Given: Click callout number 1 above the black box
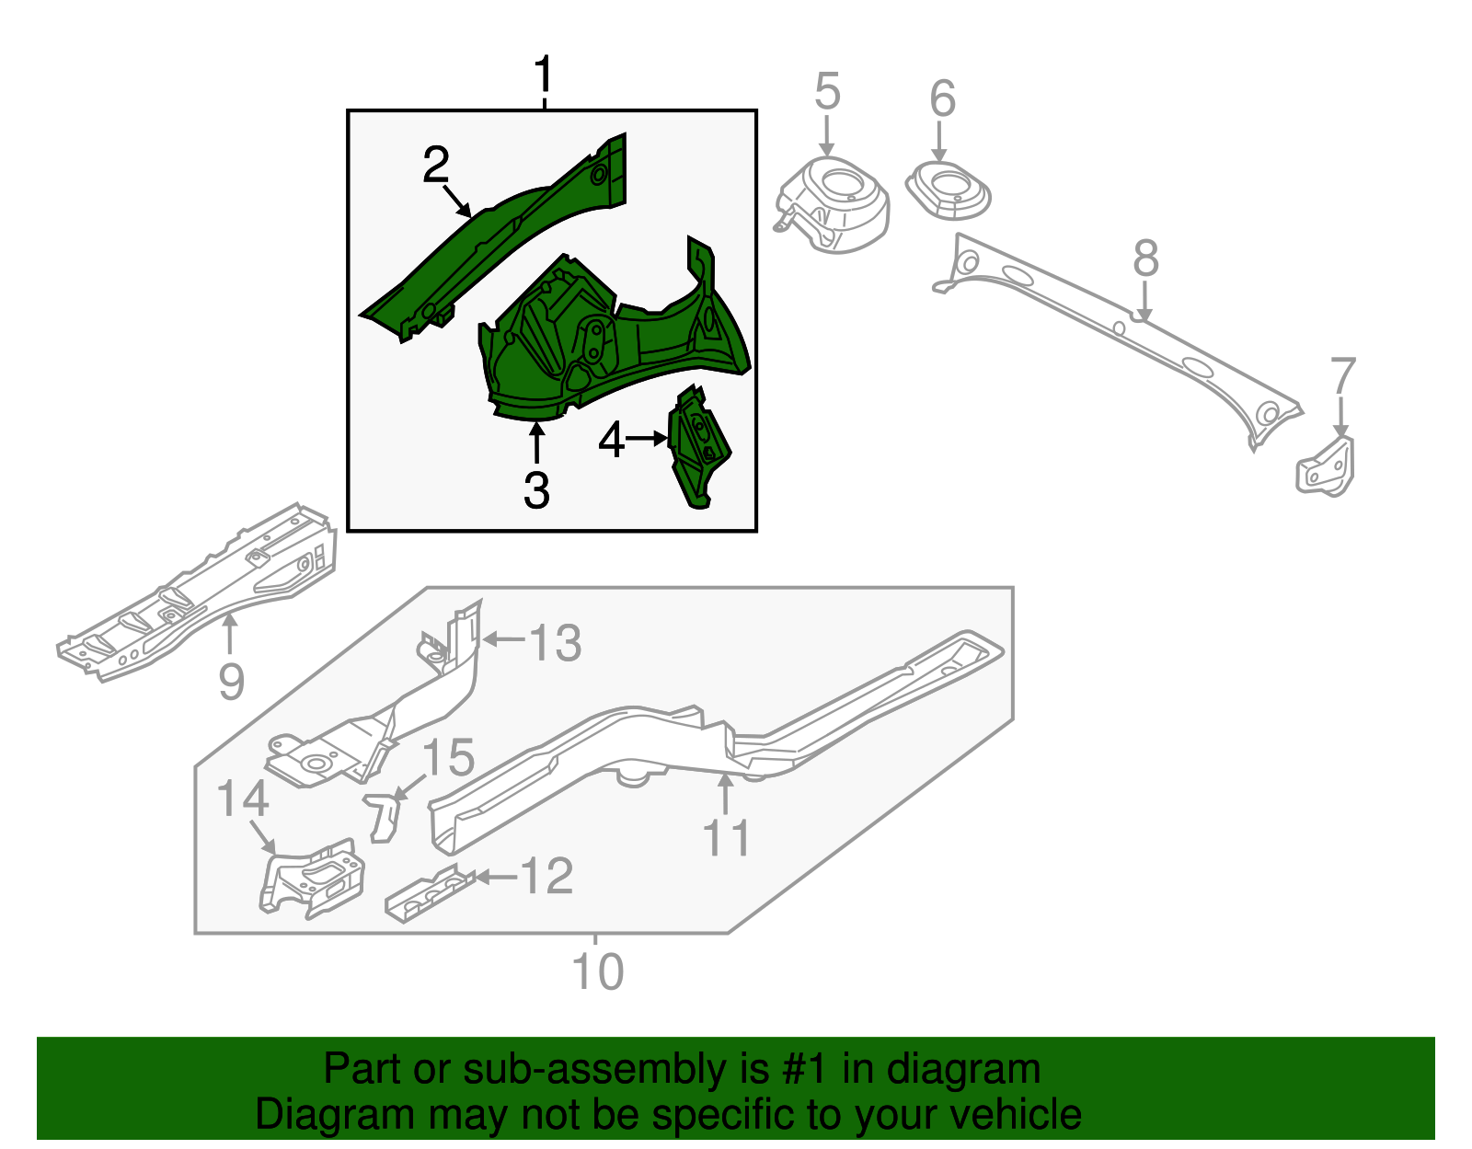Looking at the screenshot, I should pos(544,75).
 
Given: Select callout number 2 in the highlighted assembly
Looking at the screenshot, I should pos(435,166).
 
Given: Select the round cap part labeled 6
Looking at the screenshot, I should pos(949,191).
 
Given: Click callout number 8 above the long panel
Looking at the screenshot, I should pos(1145,259).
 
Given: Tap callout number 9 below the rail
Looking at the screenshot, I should pos(231,682).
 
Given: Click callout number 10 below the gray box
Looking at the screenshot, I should pos(597,971).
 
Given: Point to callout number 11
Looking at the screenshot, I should pos(726,838).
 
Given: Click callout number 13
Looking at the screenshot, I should pos(555,642).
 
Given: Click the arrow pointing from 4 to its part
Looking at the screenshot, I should pos(647,439).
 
